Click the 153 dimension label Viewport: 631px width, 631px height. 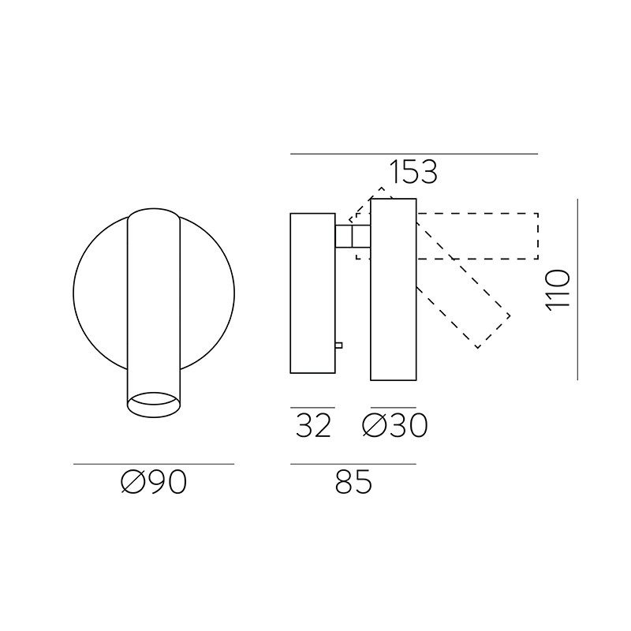click(x=413, y=172)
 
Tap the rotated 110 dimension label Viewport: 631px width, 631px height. click(x=558, y=289)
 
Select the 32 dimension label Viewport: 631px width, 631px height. click(x=313, y=425)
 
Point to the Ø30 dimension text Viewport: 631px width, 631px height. click(x=395, y=425)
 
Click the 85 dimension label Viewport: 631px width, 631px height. click(x=353, y=482)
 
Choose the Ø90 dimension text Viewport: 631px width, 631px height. click(x=154, y=482)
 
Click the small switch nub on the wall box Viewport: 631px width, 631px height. click(x=338, y=345)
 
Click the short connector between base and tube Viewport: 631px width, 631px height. click(x=353, y=236)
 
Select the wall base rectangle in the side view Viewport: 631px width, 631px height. click(x=312, y=293)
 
